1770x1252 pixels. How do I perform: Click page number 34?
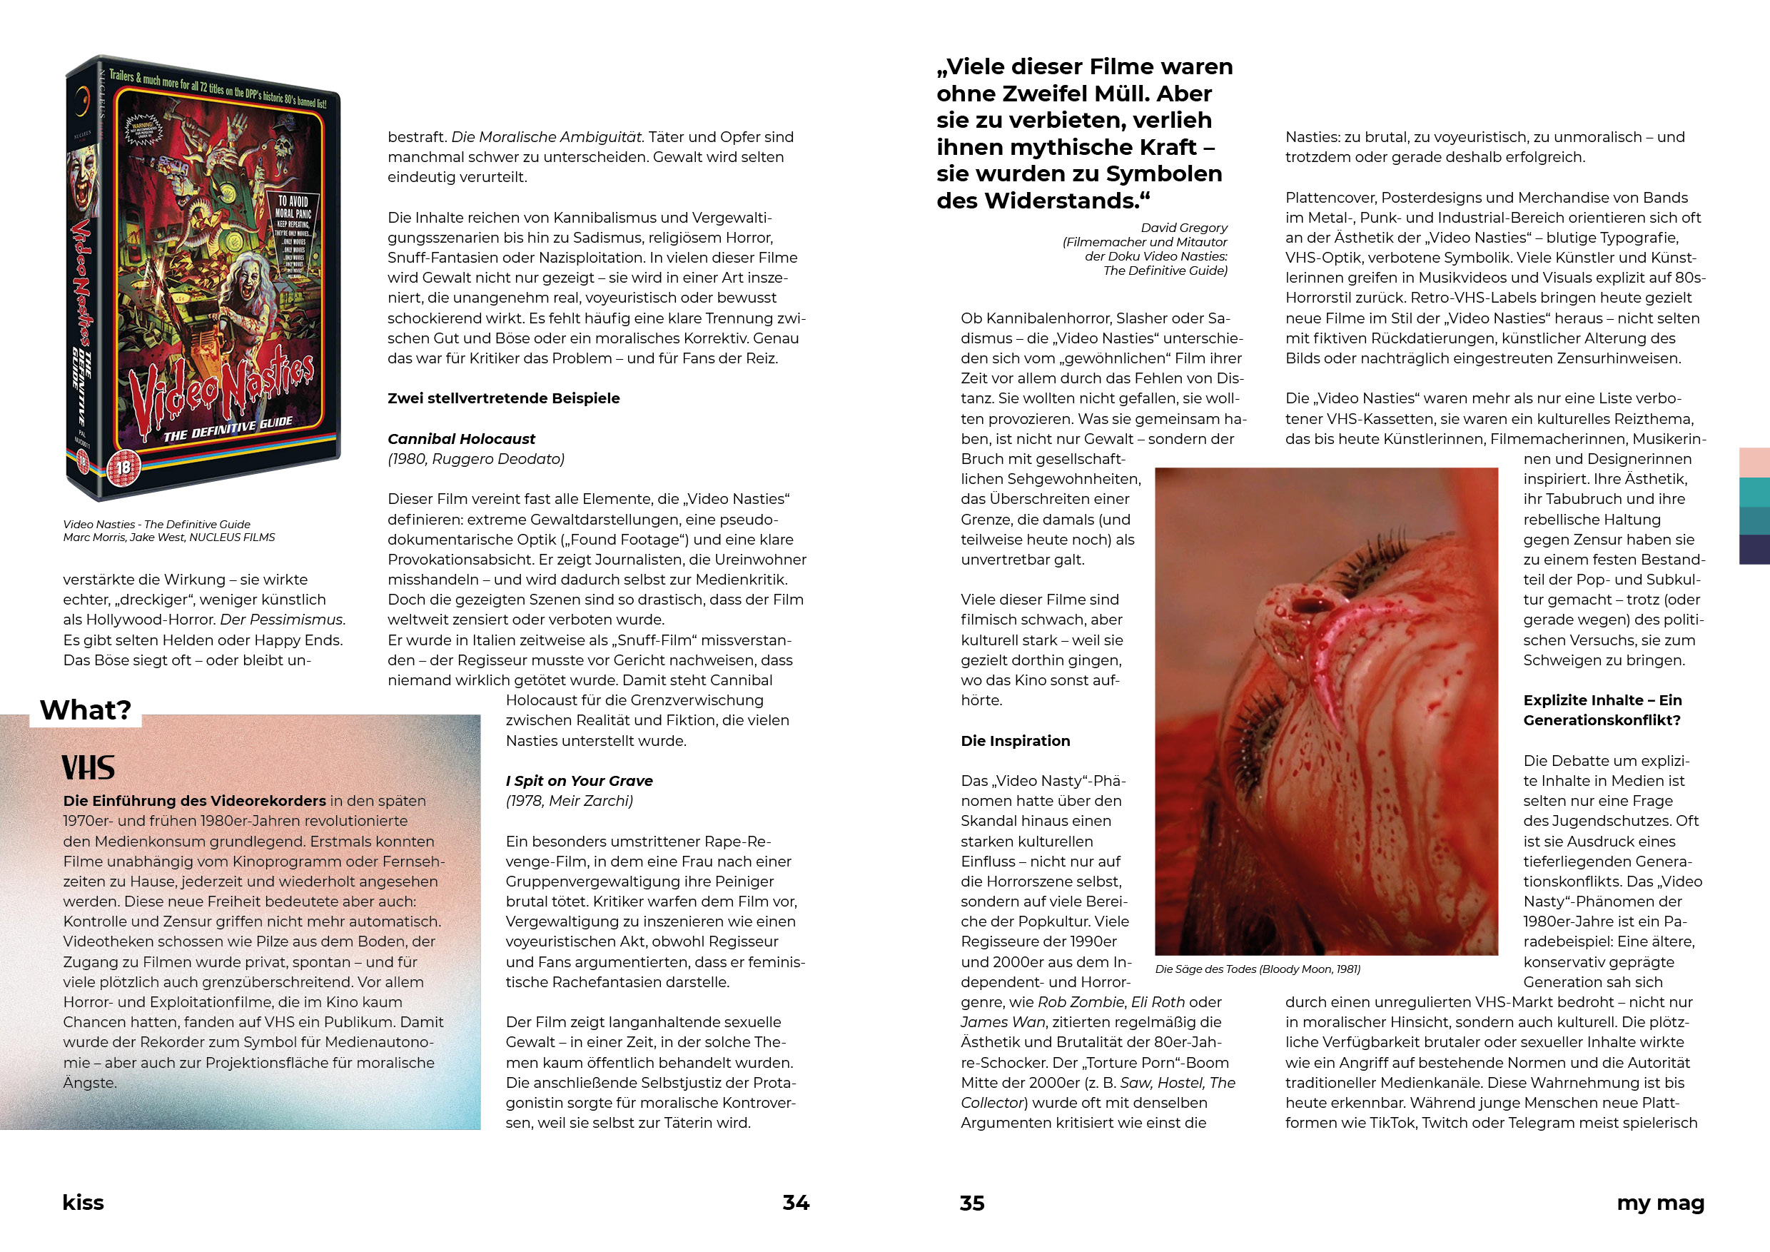pos(796,1203)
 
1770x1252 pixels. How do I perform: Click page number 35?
pos(972,1203)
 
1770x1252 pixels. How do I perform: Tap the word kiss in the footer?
pos(84,1203)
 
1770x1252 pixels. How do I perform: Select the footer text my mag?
pos(1660,1203)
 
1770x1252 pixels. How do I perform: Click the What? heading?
pos(86,710)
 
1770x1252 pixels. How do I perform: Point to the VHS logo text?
pos(88,768)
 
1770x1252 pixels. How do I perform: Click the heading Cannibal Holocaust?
pos(461,439)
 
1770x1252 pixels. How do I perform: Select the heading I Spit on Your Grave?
pos(579,781)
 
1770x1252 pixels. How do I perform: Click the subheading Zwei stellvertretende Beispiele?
pos(503,398)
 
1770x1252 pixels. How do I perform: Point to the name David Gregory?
pos(1184,228)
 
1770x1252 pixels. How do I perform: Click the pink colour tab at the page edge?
pos(1754,463)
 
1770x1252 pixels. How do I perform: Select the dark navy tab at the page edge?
pos(1754,550)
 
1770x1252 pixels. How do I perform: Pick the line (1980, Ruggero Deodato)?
pos(475,459)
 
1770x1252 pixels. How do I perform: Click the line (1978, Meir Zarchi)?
pos(569,801)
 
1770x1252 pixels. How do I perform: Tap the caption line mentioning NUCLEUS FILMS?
pos(169,537)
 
